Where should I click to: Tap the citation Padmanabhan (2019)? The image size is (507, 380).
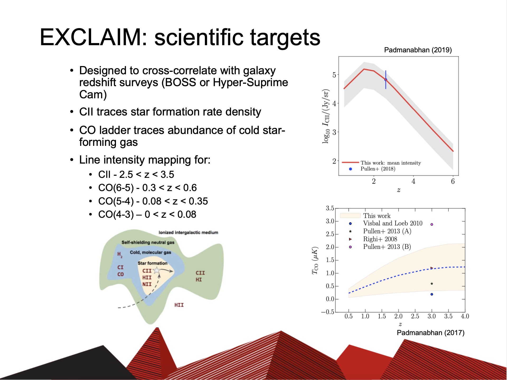[418, 50]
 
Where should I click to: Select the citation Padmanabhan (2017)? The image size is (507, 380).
[430, 333]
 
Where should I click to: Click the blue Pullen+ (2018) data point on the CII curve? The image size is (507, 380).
[386, 80]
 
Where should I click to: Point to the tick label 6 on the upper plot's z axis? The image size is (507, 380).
[453, 181]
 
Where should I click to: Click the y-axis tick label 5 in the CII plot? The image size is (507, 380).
[334, 75]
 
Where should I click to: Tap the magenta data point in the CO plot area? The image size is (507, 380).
[432, 224]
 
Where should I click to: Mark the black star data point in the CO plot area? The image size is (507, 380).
[432, 284]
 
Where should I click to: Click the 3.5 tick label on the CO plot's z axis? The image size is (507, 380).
[448, 316]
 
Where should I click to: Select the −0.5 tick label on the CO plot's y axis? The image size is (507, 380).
[328, 312]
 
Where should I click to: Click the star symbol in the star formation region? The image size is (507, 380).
[157, 270]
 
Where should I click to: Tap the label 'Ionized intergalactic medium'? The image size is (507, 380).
[188, 233]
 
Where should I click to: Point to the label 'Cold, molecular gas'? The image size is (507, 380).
[150, 252]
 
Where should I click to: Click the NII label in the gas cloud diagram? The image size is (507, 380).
[147, 284]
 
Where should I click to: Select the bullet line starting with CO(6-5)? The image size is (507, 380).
[147, 188]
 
